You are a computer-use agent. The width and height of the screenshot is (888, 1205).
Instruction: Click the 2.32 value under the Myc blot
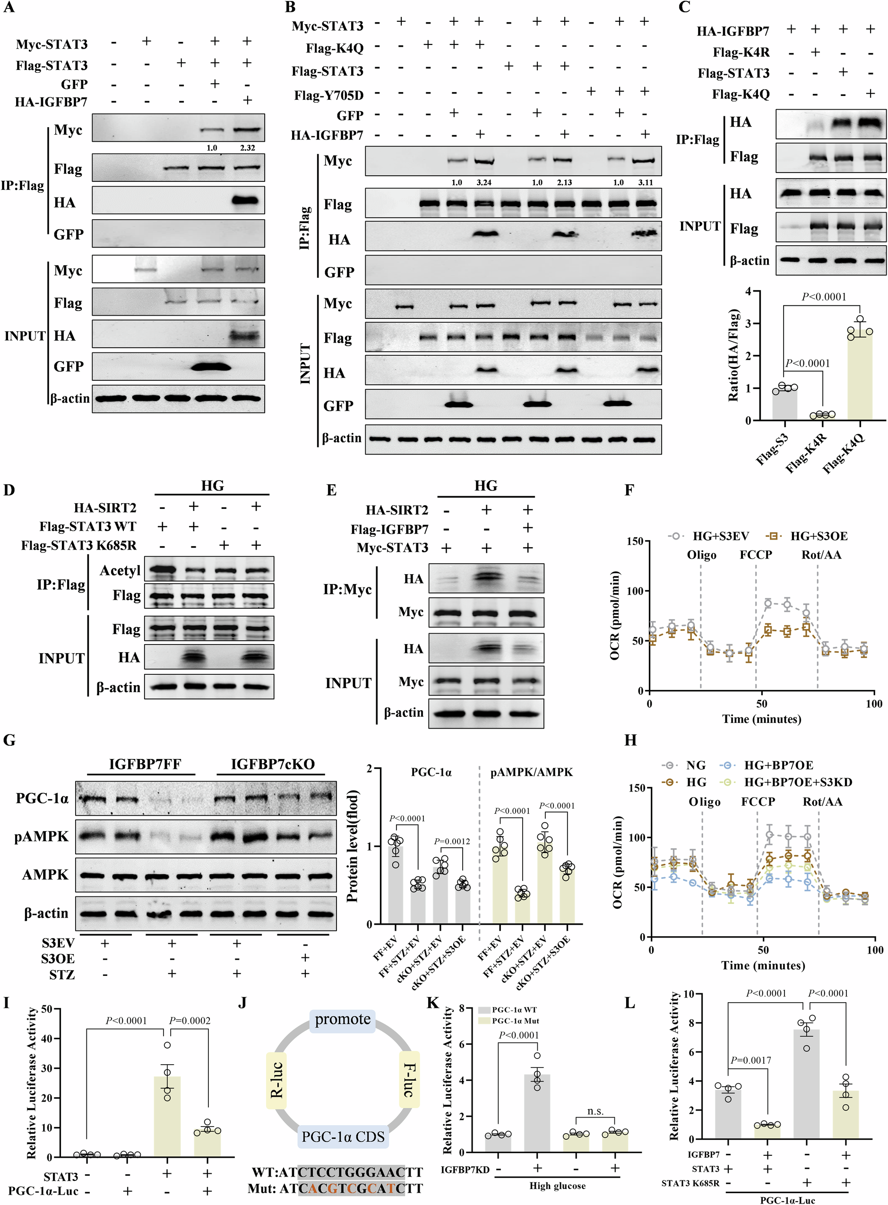coord(247,148)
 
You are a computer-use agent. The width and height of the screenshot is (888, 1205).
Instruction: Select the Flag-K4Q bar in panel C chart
coord(860,376)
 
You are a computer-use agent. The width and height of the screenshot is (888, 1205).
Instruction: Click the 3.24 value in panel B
coord(484,183)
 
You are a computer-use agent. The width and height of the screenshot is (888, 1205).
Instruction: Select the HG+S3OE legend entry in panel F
coord(809,536)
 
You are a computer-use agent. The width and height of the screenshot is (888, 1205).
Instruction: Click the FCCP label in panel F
coord(755,555)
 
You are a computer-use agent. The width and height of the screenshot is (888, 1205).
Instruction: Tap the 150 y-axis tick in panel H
coord(637,789)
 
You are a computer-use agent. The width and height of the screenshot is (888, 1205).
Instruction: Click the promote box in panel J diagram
coord(343,1020)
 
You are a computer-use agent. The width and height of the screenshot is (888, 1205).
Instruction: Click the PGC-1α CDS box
coord(343,1137)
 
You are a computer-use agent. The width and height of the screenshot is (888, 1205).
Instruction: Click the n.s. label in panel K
coord(595,1111)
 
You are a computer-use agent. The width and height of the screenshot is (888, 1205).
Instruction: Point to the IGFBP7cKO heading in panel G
coord(273,764)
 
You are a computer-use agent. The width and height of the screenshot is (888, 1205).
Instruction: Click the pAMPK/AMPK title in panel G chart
coord(531,772)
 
